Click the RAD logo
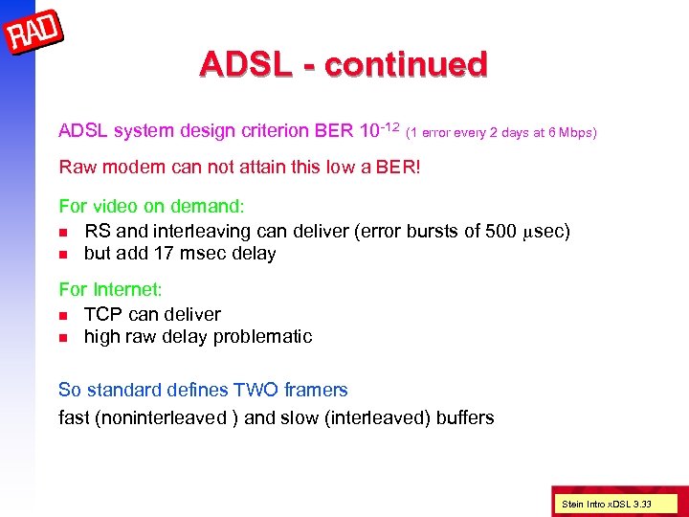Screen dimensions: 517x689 pos(34,35)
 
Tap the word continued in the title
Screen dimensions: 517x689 pos(407,64)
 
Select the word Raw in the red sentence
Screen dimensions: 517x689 pos(78,168)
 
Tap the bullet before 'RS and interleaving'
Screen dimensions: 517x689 pos(63,232)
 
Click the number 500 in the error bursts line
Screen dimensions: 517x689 pos(500,231)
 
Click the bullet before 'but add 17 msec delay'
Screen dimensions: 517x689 pos(63,255)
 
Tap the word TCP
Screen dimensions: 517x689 pos(102,314)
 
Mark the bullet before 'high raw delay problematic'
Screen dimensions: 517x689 pos(63,338)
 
